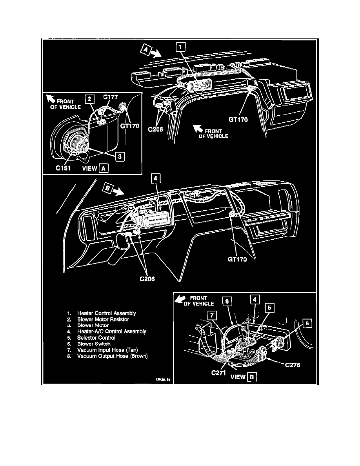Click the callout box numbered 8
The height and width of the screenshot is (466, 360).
coord(228,301)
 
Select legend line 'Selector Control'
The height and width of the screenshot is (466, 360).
coord(96,337)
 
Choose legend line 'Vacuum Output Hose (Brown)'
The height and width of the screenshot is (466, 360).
coord(112,356)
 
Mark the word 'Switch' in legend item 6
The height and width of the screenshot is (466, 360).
coord(103,344)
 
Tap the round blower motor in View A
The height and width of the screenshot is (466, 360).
coord(76,143)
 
